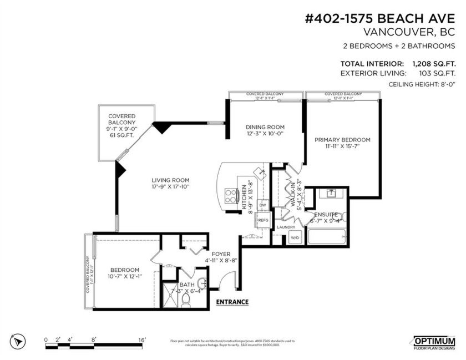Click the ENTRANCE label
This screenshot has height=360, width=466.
click(x=232, y=302)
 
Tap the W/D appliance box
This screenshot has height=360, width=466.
click(x=295, y=237)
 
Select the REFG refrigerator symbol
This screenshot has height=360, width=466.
click(x=263, y=220)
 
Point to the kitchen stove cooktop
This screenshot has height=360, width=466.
click(x=229, y=195)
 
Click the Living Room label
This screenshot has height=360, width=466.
click(x=171, y=180)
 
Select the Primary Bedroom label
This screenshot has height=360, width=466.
click(x=342, y=140)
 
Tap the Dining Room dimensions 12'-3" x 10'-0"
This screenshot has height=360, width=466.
click(x=265, y=134)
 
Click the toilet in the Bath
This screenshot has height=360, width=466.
click(x=186, y=299)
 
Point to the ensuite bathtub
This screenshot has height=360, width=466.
click(x=327, y=237)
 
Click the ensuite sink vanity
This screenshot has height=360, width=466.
click(x=330, y=195)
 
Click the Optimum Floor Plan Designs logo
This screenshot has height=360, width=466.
click(x=434, y=342)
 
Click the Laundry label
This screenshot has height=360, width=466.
click(x=287, y=227)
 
